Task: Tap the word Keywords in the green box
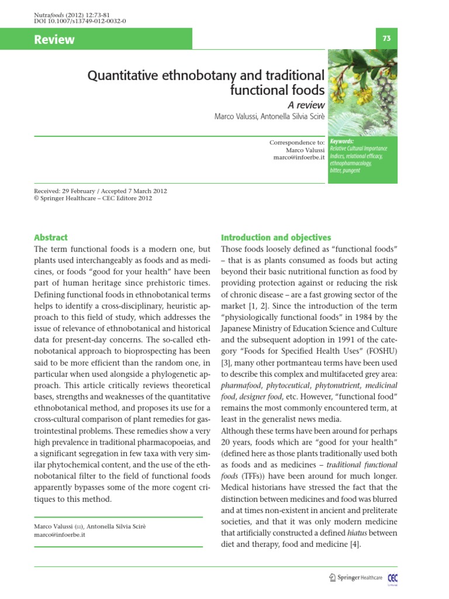coord(342,142)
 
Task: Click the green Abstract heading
coord(51,237)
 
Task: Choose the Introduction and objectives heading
coord(276,237)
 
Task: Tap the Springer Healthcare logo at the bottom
coord(355,577)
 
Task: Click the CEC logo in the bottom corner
coord(392,578)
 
